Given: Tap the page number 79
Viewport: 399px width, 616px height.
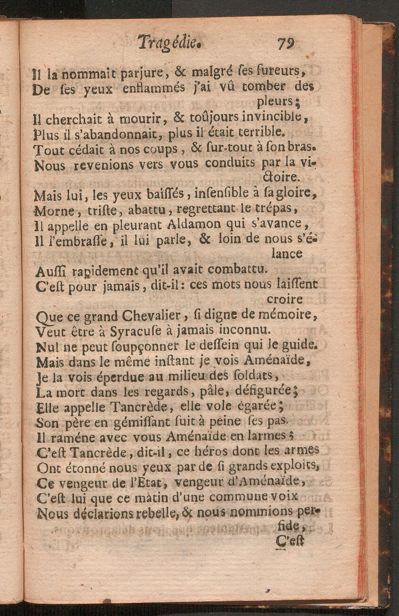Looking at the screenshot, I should [x=286, y=43].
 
